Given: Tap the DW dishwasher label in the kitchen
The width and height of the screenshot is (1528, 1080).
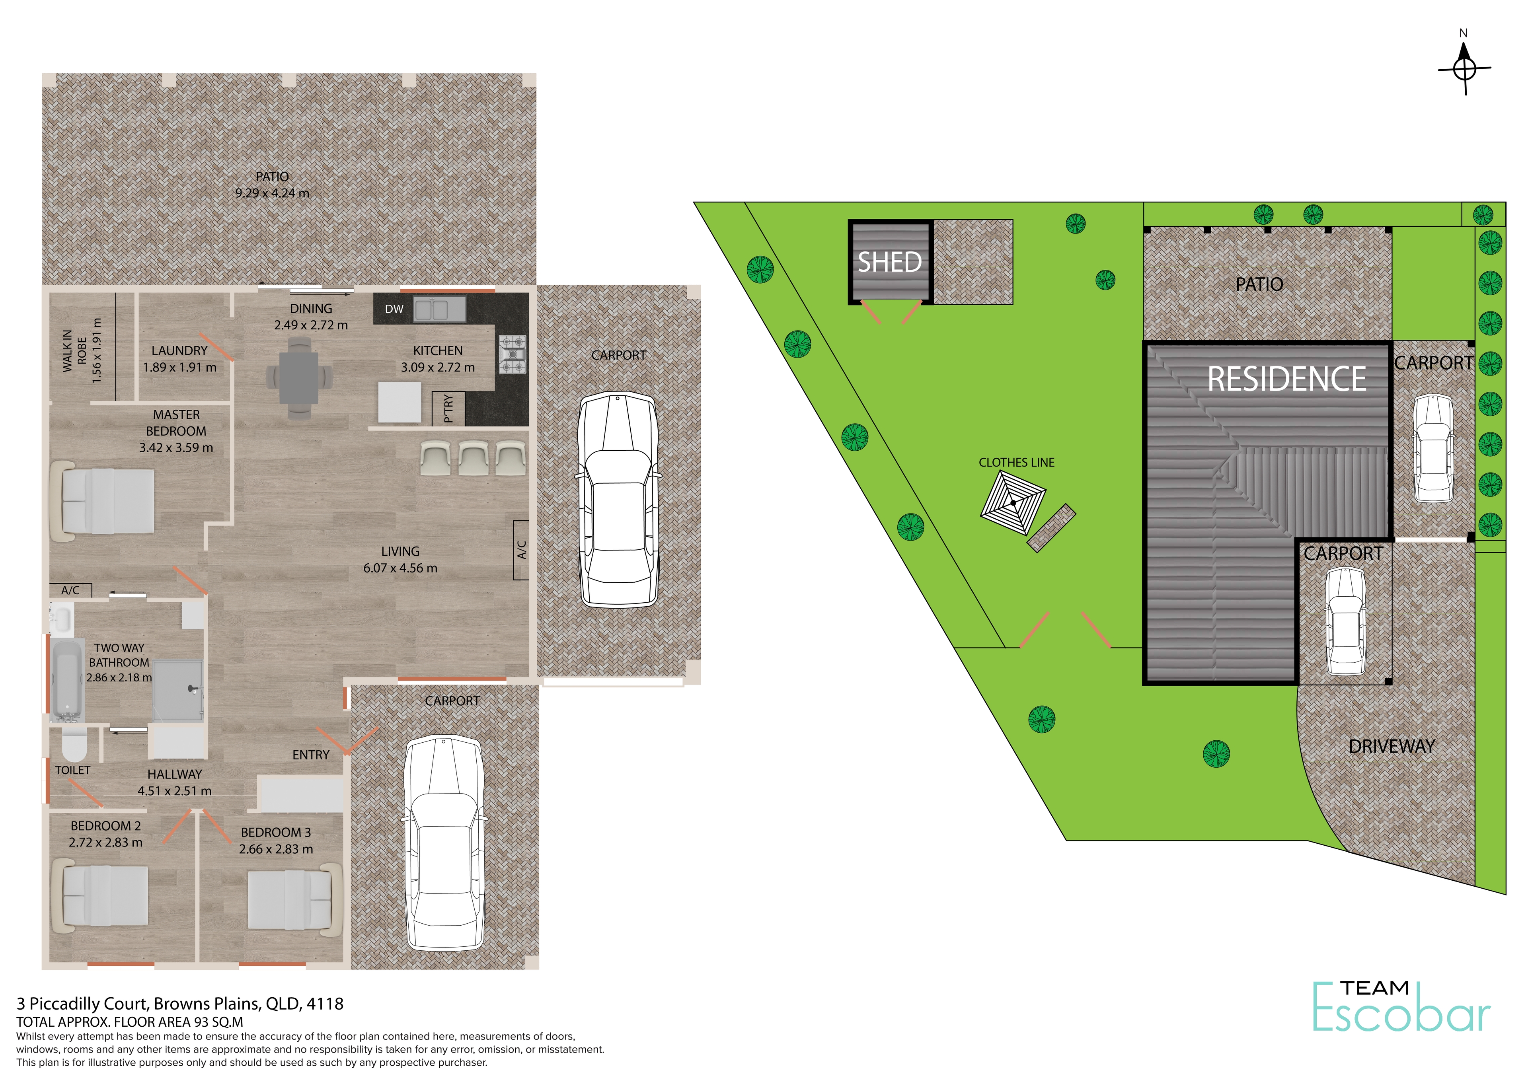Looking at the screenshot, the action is (394, 309).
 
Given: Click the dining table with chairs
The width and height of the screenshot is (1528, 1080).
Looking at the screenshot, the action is (300, 377).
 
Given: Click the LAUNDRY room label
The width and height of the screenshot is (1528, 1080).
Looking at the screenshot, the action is (180, 351).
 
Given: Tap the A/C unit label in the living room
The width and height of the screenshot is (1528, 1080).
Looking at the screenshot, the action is (522, 550).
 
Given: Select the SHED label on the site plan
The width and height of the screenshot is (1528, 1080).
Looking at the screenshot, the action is (890, 262).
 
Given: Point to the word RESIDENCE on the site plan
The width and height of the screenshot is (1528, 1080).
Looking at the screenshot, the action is (1287, 379).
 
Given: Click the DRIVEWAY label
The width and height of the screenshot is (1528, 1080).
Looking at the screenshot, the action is (1392, 747).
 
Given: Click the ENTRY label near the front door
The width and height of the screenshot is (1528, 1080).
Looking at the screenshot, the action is (311, 755).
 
